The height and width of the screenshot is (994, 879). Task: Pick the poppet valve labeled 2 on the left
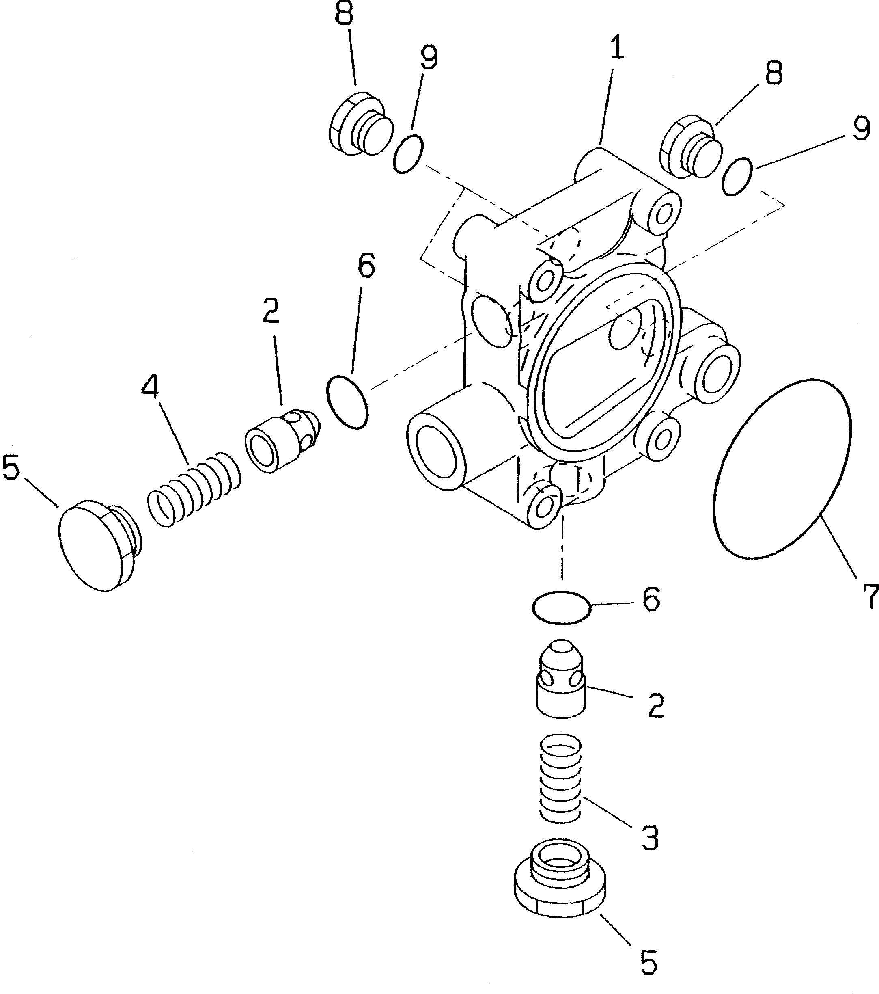[x=282, y=438]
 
